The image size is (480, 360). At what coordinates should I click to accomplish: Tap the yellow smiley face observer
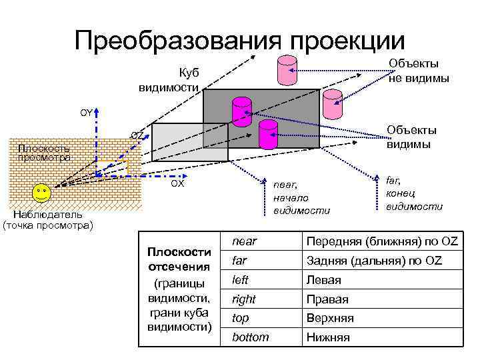tap(42, 195)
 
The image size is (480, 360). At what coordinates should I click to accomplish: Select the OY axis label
tap(86, 113)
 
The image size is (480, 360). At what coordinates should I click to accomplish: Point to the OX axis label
tap(177, 183)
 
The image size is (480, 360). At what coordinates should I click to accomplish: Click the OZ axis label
tap(137, 135)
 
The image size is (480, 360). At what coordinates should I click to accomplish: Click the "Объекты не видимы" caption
tap(419, 71)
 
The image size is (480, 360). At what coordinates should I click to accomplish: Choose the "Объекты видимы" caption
tap(411, 137)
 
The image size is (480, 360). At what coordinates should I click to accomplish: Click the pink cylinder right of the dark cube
tap(331, 103)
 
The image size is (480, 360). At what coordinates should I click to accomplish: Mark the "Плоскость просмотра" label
tap(45, 153)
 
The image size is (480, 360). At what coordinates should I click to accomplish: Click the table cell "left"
tap(240, 280)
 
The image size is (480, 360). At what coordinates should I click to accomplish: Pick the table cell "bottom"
tap(250, 337)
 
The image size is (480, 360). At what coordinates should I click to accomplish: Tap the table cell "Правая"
tap(327, 299)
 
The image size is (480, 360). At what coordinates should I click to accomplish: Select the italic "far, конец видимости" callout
tap(414, 193)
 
